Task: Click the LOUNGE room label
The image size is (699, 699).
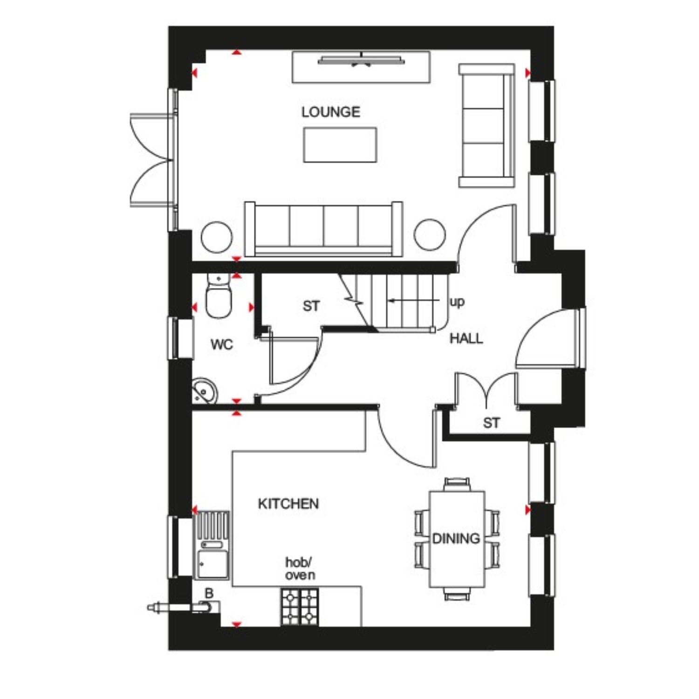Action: pos(330,112)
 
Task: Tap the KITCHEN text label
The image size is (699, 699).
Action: pos(288,504)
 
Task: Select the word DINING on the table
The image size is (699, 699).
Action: pos(456,539)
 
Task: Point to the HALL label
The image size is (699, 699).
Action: pos(466,338)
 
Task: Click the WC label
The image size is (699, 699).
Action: pos(222,345)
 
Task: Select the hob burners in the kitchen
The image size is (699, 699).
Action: pos(300,607)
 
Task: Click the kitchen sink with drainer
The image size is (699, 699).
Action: pos(212,546)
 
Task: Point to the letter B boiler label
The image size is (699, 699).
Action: pos(209,594)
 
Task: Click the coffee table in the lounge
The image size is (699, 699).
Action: pos(340,145)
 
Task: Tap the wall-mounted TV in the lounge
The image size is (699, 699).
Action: pos(361,61)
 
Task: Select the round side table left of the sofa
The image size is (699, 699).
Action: pos(217,237)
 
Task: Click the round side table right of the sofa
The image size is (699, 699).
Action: pos(430,234)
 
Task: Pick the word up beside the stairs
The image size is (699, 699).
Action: pos(457,302)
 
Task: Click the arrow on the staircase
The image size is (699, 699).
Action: pos(414,301)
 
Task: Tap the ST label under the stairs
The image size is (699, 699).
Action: pos(311,306)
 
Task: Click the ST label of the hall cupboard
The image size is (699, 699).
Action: pos(492,423)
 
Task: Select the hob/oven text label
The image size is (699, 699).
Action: pos(300,569)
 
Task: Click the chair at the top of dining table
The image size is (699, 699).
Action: pos(457,485)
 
